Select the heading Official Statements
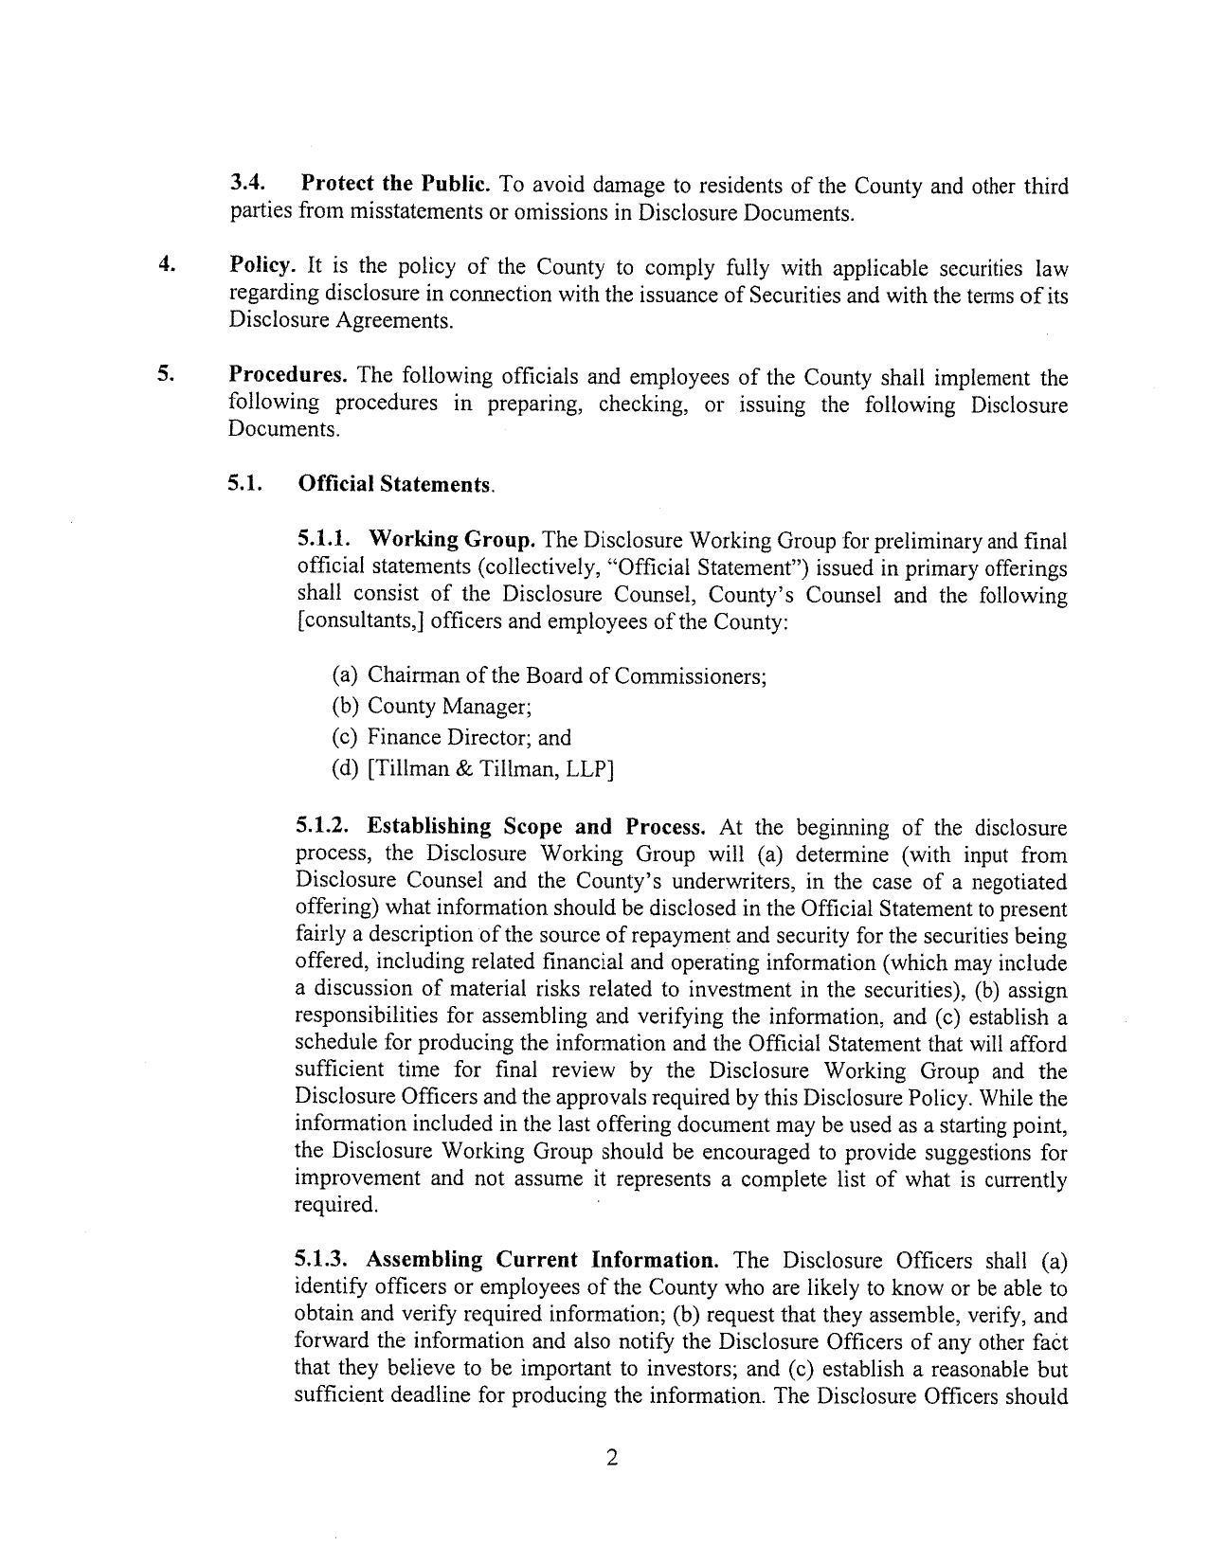(x=395, y=484)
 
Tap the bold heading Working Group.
(x=452, y=539)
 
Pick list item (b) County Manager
(x=431, y=706)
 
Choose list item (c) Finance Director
(x=451, y=737)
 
